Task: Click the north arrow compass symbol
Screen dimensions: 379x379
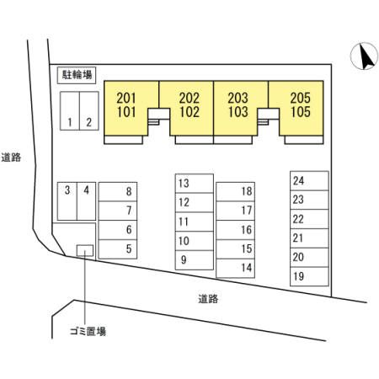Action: (364, 56)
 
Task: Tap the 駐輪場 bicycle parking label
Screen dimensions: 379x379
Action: (77, 75)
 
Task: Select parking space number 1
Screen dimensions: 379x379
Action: (70, 111)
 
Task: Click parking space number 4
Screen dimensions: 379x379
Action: (86, 201)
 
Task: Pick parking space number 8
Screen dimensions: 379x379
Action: (118, 191)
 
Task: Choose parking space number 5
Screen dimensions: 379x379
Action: (118, 249)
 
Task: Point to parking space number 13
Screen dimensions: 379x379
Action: (195, 184)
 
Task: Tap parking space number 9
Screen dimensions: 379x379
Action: (195, 260)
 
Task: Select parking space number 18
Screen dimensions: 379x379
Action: (235, 191)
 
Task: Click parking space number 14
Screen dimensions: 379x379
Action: (235, 268)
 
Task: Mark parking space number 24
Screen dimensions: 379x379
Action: (309, 180)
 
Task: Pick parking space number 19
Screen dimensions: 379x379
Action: (309, 276)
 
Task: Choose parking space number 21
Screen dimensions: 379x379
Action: (309, 238)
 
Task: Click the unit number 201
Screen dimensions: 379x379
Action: (126, 98)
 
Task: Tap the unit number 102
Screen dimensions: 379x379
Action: (189, 112)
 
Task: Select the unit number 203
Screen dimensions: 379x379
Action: (238, 98)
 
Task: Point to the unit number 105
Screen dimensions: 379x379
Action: (301, 112)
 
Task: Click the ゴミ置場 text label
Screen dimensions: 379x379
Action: (88, 332)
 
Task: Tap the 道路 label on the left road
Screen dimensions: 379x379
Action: (11, 157)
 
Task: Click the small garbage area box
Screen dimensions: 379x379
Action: (85, 250)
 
